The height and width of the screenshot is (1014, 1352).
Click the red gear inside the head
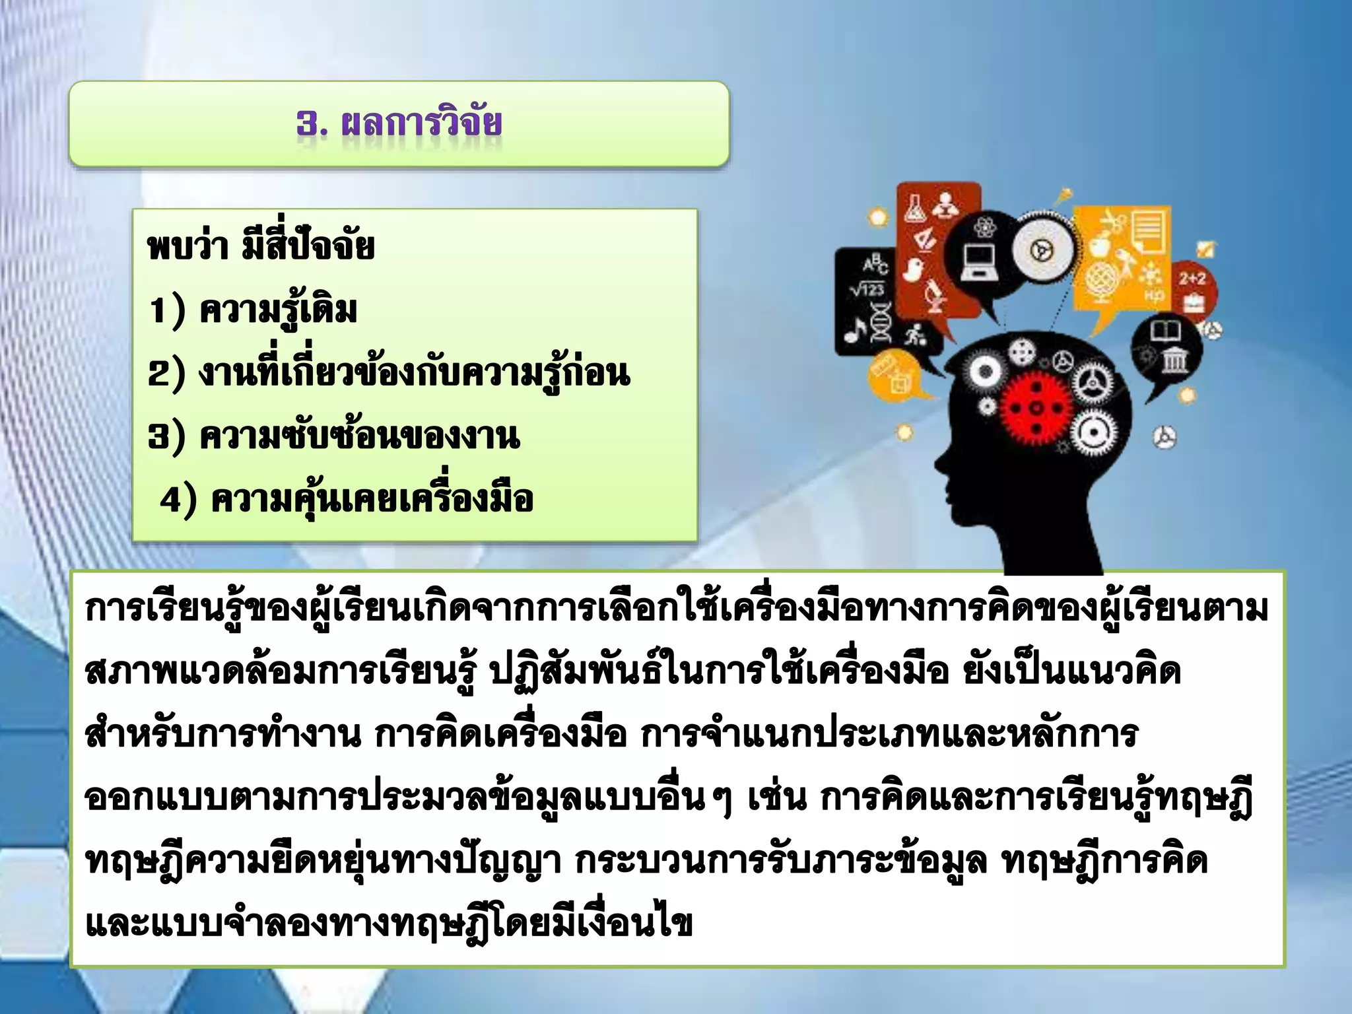1035,409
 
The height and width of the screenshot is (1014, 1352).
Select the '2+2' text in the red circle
1192,279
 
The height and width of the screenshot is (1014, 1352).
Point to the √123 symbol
866,289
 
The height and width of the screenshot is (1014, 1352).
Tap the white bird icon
914,269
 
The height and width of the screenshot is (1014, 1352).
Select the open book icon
1166,329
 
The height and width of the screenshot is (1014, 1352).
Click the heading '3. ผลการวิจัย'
399,123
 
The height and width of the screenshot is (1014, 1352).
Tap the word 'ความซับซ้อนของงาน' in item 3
359,436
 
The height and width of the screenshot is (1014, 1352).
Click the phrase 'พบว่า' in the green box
187,247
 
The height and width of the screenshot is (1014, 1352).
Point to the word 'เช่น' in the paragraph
776,798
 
